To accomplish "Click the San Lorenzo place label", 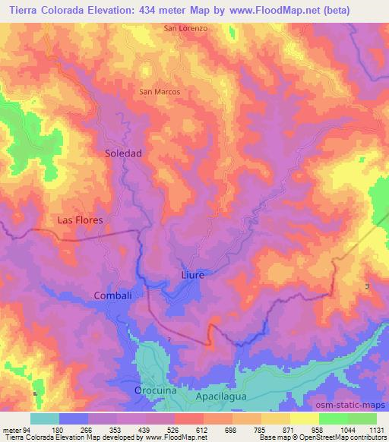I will pyautogui.click(x=185, y=28).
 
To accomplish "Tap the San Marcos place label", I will pyautogui.click(x=160, y=91).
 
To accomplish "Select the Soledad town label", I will pyautogui.click(x=123, y=153).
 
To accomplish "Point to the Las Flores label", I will pyautogui.click(x=80, y=219).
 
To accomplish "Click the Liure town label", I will pyautogui.click(x=193, y=274).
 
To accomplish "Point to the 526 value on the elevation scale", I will pyautogui.click(x=175, y=430).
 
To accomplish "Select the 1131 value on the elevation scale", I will pyautogui.click(x=375, y=430).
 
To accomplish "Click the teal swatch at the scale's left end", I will pyautogui.click(x=45, y=418).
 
